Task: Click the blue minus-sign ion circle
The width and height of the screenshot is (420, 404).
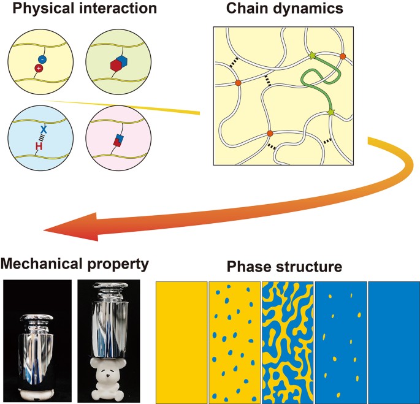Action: pos(42,59)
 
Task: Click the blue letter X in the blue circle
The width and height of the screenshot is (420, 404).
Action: pos(44,129)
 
